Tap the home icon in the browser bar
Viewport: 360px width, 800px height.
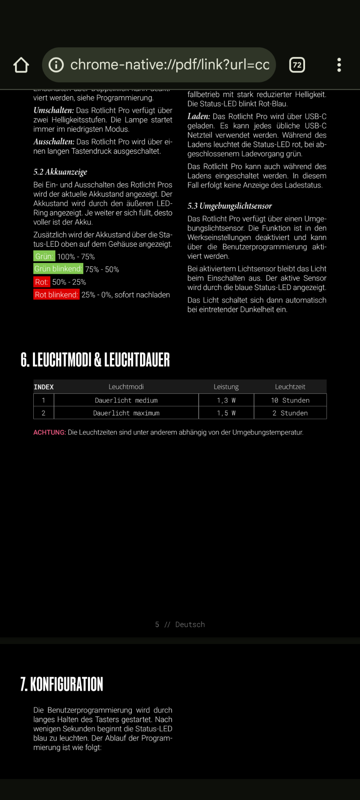[x=21, y=65]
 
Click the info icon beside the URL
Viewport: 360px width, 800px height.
[x=56, y=65]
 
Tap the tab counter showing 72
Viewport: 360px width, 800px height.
[x=297, y=65]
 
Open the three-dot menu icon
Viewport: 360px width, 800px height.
[x=339, y=65]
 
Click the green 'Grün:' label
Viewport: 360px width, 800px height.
[x=44, y=256]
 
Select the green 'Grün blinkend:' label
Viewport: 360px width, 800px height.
[x=58, y=269]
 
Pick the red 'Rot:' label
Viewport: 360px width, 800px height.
[x=42, y=282]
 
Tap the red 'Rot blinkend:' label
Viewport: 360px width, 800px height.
[x=56, y=295]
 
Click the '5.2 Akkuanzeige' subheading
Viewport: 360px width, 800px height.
[x=60, y=172]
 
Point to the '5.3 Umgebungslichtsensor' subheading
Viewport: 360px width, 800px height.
[x=230, y=206]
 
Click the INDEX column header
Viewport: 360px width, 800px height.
[x=44, y=387]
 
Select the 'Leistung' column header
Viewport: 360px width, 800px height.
[x=226, y=387]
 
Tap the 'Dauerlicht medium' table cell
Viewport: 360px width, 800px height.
[x=126, y=400]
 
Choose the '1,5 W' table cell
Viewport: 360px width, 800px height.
[x=226, y=413]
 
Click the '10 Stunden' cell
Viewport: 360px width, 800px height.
[x=290, y=400]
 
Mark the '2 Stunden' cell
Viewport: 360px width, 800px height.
[x=290, y=413]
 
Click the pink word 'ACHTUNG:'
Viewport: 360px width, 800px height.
[x=50, y=432]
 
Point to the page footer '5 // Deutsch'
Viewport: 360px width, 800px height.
[x=180, y=625]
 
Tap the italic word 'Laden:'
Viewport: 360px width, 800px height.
[x=199, y=117]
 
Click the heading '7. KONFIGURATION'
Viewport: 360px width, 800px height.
[x=62, y=684]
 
